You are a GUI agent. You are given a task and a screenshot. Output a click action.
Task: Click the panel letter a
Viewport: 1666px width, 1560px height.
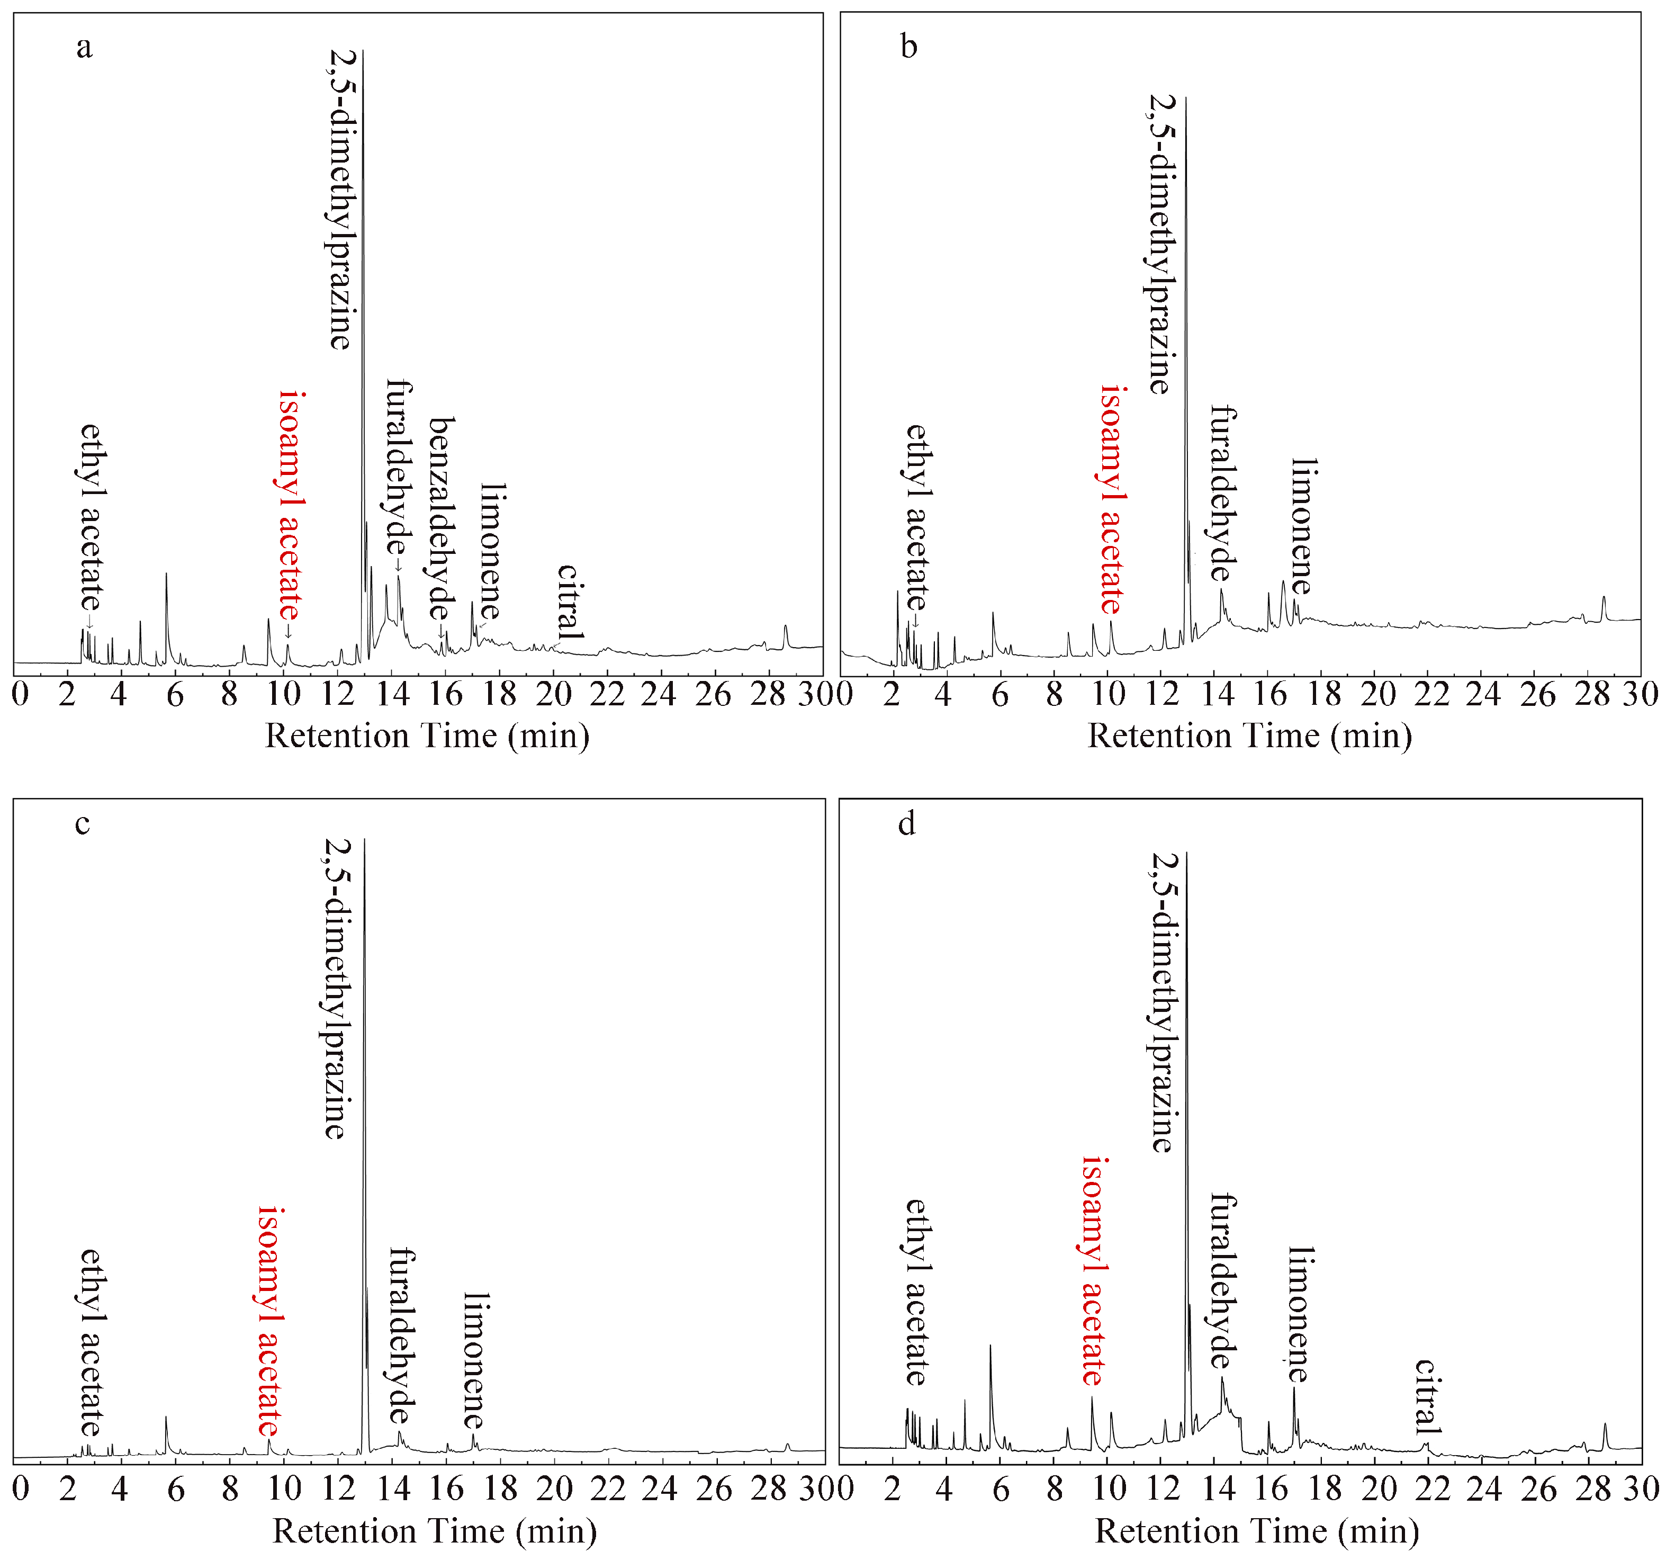pyautogui.click(x=84, y=48)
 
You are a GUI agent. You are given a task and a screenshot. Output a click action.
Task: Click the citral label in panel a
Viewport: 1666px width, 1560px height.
pyautogui.click(x=569, y=602)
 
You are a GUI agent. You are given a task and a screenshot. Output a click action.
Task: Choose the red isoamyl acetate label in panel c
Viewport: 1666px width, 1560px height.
pyautogui.click(x=270, y=1322)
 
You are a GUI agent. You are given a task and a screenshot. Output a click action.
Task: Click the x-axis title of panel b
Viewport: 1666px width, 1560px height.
pyautogui.click(x=1249, y=736)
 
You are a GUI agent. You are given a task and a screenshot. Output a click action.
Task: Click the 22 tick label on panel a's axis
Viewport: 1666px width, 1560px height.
pyautogui.click(x=606, y=694)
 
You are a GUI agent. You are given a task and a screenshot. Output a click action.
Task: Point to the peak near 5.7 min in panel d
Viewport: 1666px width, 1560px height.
pyautogui.click(x=990, y=1346)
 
